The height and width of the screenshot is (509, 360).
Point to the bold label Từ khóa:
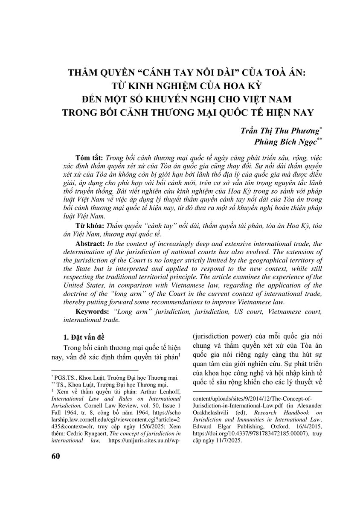(89, 226)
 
